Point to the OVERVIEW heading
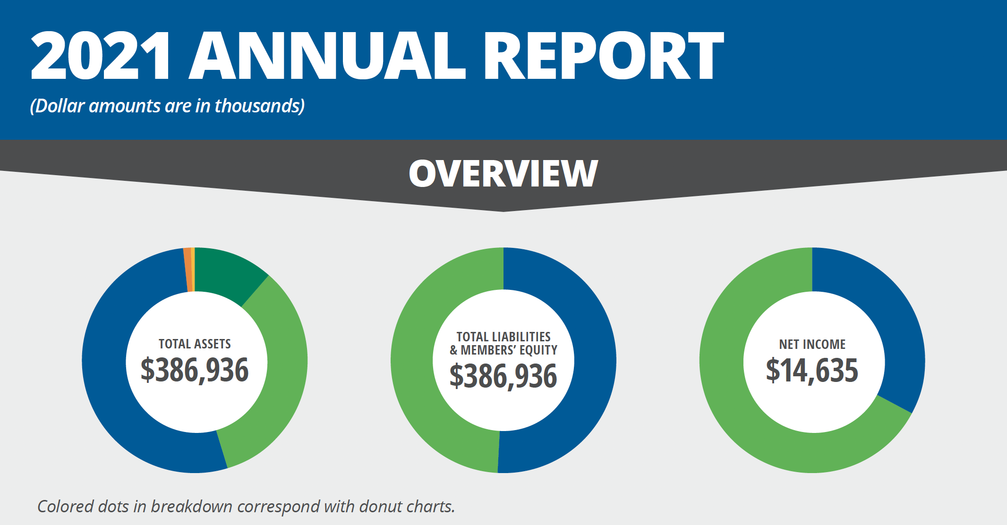tap(503, 174)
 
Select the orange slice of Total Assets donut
tap(188, 270)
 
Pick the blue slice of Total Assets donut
tap(113, 378)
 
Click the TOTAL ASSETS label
tap(195, 344)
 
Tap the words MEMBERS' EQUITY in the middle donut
tap(509, 350)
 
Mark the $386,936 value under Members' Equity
tap(503, 376)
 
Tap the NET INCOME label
tap(812, 344)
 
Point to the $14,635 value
tap(812, 370)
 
